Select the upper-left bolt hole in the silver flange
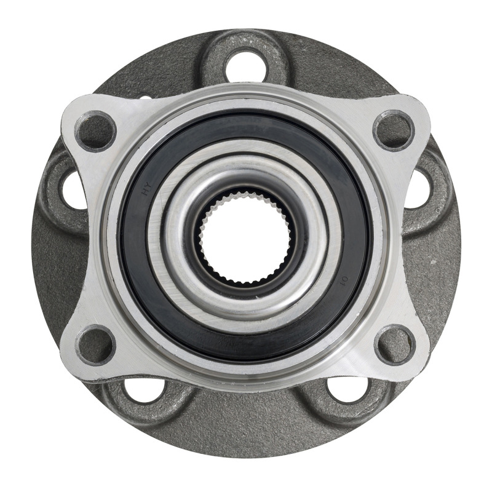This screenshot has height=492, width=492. (x=95, y=131)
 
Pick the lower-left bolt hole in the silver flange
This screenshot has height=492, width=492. (x=95, y=344)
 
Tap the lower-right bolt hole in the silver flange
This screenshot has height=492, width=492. (x=394, y=344)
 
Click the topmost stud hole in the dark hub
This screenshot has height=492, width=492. (x=246, y=66)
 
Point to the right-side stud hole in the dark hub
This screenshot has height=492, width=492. (x=419, y=188)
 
